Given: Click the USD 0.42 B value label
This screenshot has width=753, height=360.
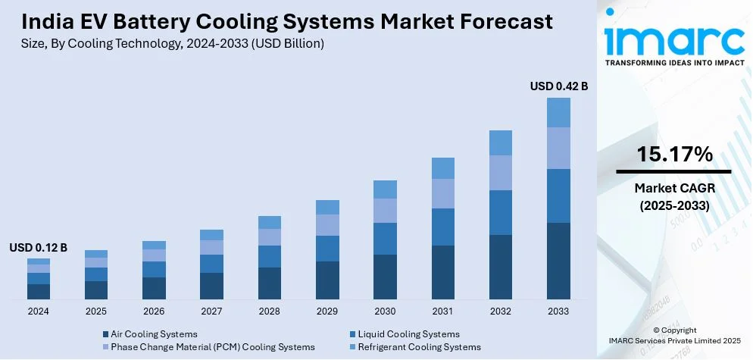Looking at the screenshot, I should tap(559, 86).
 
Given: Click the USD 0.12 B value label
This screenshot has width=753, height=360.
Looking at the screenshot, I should tap(39, 248).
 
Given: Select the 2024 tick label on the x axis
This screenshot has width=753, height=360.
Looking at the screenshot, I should tap(39, 311).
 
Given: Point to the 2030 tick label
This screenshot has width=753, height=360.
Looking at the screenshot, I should tap(385, 311).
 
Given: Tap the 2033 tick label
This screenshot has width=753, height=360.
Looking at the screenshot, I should tap(558, 311).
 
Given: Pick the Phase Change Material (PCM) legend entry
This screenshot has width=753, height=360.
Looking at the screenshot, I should tap(212, 347).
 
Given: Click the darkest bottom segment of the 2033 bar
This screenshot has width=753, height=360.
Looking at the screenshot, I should tap(558, 261).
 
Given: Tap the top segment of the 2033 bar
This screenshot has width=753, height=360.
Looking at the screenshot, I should tap(558, 112).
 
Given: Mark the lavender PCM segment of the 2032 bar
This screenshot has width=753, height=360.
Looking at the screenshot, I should tap(501, 173).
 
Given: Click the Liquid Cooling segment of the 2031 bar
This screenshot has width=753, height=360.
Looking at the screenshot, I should tap(443, 227).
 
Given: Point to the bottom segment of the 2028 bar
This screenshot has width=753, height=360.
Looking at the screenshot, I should tap(270, 283).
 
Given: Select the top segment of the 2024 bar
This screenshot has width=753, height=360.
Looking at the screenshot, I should tap(39, 261).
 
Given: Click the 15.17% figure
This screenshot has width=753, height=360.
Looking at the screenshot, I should tap(674, 155).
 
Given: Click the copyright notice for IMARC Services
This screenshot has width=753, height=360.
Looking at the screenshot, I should tap(674, 341).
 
